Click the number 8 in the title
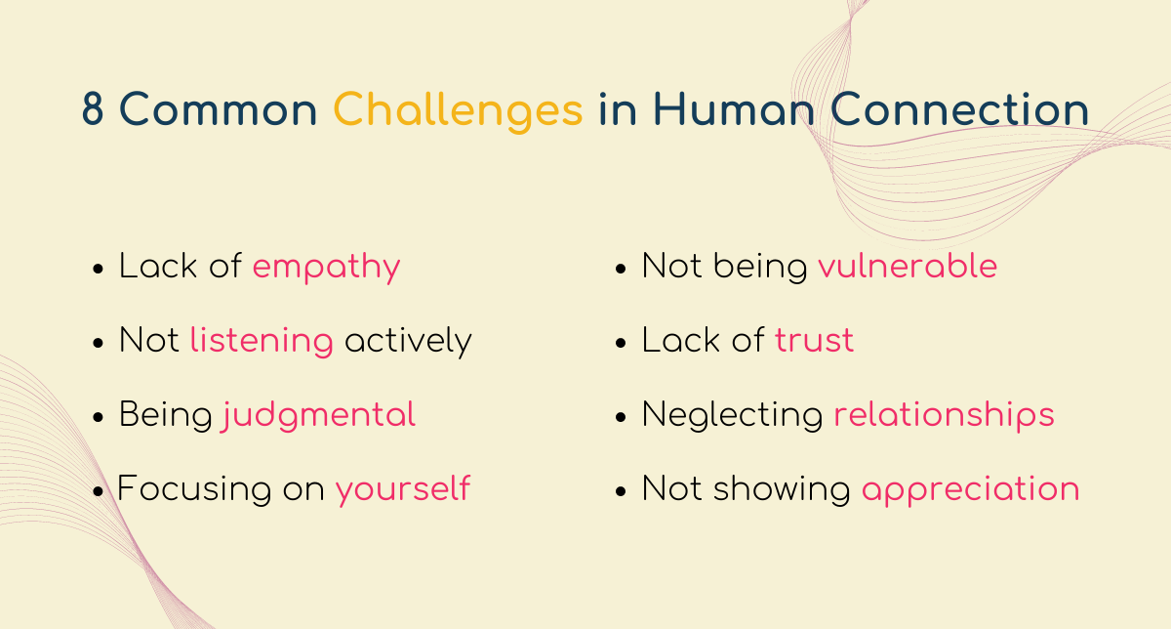click(93, 108)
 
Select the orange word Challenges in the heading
click(458, 111)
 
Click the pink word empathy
click(326, 268)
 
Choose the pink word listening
click(262, 341)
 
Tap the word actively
click(408, 341)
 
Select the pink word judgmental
click(318, 416)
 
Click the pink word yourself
click(402, 489)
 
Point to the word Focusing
click(194, 489)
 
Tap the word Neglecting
click(732, 416)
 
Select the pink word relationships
click(944, 416)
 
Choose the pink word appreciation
click(970, 490)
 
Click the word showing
click(782, 489)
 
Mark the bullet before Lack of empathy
click(98, 270)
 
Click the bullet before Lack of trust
click(621, 343)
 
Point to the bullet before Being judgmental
click(98, 418)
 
